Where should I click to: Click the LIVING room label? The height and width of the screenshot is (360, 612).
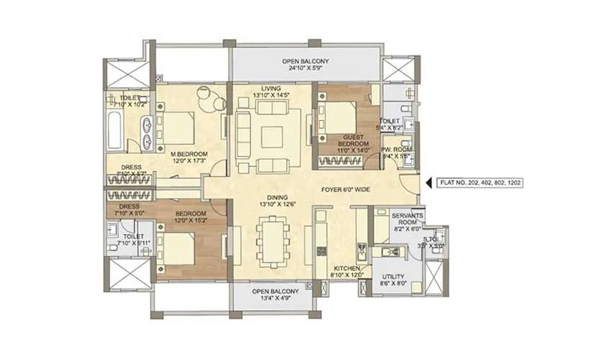click(x=271, y=89)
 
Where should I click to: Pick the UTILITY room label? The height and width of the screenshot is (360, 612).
click(x=394, y=277)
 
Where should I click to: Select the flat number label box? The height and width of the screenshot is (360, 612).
click(x=479, y=183)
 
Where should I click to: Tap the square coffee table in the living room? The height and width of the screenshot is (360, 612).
click(x=271, y=135)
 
